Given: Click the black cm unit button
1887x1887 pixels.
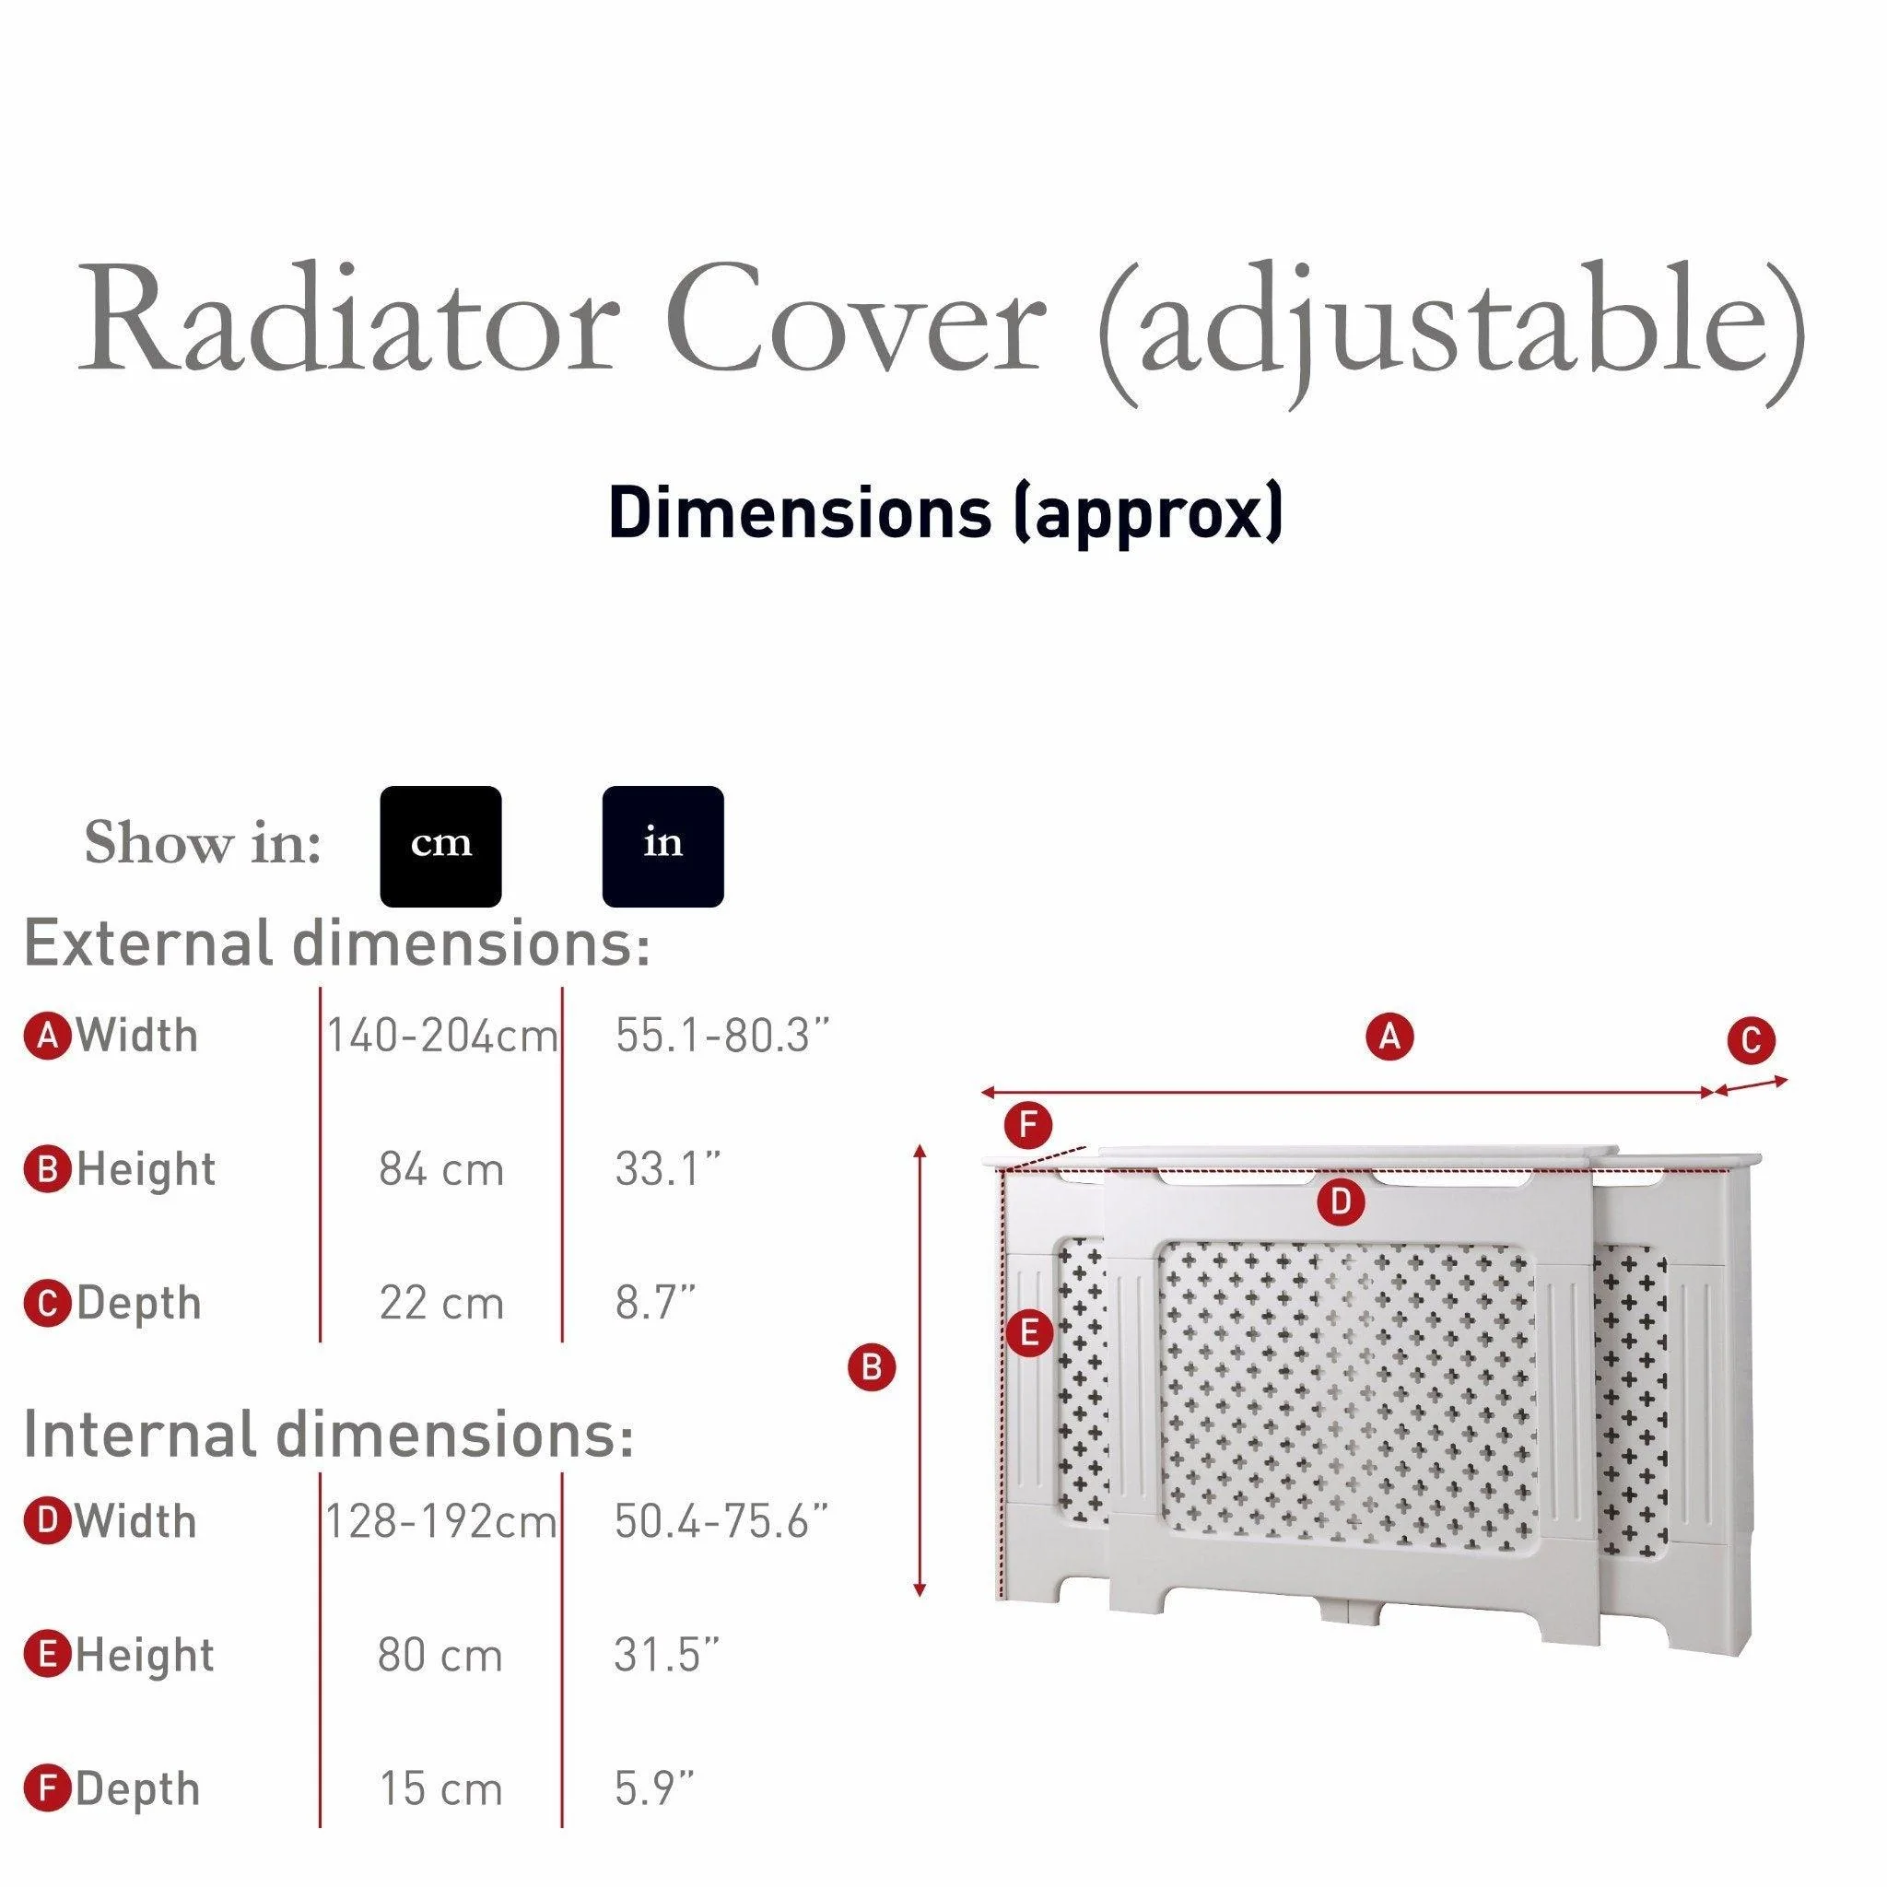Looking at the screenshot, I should [x=440, y=846].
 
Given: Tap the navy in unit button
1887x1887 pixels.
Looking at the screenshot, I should [x=662, y=846].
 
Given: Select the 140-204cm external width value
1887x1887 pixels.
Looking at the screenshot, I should [x=441, y=1037].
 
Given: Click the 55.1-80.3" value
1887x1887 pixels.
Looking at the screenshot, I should [x=721, y=1037].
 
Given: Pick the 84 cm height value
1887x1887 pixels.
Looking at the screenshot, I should [x=441, y=1170].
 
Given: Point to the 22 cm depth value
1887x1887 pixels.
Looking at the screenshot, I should [x=441, y=1304].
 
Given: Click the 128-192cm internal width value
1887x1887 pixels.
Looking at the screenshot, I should [x=440, y=1522].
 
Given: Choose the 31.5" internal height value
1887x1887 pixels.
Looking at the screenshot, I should [x=666, y=1656].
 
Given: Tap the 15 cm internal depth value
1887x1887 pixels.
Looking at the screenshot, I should [x=441, y=1789].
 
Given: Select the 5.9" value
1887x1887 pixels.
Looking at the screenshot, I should [x=653, y=1789].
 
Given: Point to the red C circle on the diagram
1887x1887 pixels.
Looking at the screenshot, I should [x=1752, y=1041].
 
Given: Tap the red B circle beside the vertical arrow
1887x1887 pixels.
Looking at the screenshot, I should [x=872, y=1367].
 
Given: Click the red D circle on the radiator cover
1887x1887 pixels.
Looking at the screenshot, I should [x=1340, y=1201].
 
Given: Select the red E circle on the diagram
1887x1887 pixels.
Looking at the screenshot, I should [x=1028, y=1332].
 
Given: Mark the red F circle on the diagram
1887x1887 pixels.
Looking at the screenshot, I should [x=1027, y=1126].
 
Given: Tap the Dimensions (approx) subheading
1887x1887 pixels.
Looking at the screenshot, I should [x=943, y=514].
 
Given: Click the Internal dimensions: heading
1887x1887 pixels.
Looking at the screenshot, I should [x=328, y=1435].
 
